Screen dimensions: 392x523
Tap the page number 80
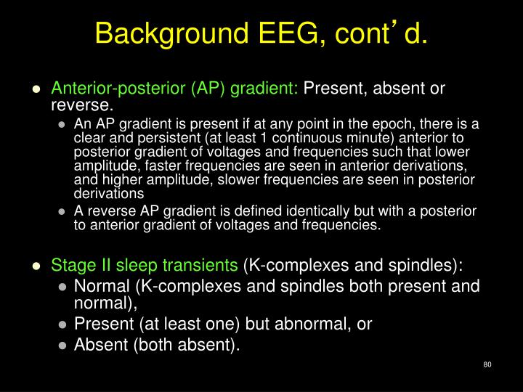(x=487, y=364)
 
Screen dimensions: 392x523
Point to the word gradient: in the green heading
(x=270, y=89)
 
